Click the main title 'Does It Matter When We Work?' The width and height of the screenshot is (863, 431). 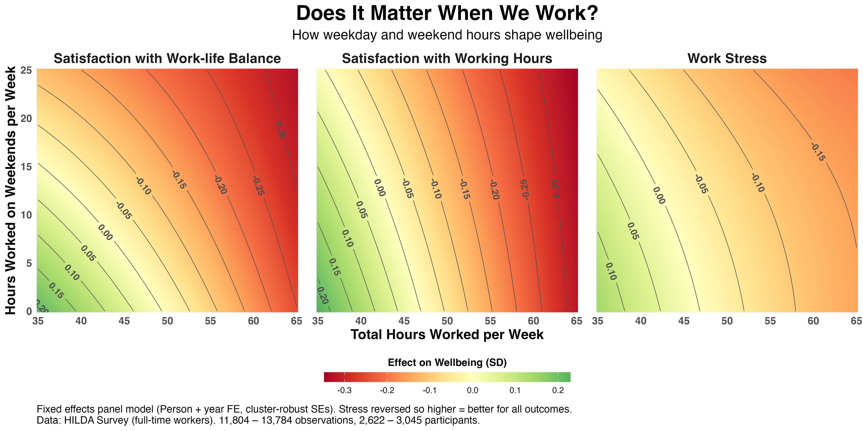pos(447,13)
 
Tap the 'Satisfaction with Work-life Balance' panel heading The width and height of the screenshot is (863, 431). pos(167,58)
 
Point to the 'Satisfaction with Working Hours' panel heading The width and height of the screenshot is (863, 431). pos(447,58)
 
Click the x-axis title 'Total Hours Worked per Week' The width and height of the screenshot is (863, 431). pos(447,335)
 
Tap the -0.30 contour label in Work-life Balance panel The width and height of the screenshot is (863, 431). pos(281,129)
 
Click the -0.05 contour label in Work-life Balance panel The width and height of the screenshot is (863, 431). pos(124,211)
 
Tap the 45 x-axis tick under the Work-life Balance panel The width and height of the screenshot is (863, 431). pos(124,321)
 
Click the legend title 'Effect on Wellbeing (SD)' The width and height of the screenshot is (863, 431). pos(447,362)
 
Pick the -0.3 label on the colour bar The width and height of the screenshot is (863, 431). pos(344,391)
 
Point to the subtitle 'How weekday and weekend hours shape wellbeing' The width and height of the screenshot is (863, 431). pos(447,35)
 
